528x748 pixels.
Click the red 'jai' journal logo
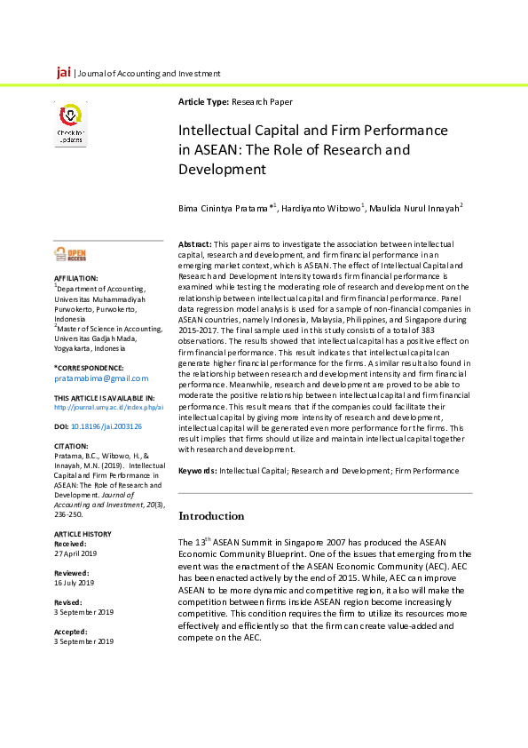[x=63, y=71]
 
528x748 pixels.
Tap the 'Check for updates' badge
[x=72, y=124]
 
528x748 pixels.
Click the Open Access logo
[x=72, y=255]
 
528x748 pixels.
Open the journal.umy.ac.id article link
[x=108, y=407]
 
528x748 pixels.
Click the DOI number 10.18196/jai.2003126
[x=106, y=426]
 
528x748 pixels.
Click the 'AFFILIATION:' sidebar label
[x=75, y=279]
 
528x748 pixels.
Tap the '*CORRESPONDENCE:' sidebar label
[x=89, y=368]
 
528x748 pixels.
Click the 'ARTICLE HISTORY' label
[x=81, y=533]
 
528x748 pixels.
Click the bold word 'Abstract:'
[x=195, y=243]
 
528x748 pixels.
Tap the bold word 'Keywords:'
[x=198, y=470]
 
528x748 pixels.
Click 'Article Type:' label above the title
[x=204, y=102]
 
